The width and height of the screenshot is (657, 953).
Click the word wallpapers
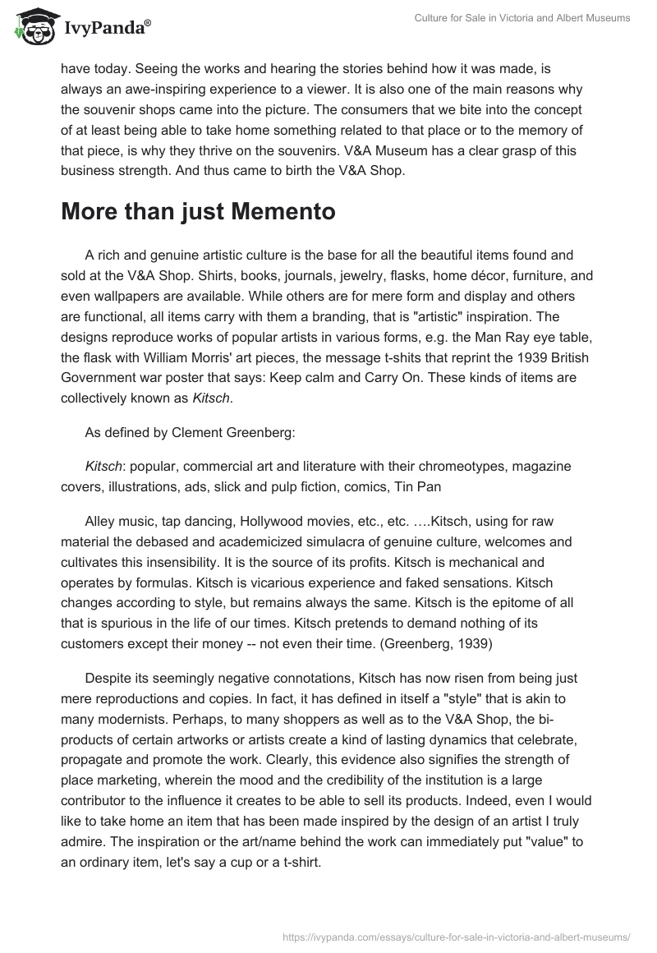(122, 296)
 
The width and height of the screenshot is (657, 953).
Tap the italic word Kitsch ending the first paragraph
(211, 396)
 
